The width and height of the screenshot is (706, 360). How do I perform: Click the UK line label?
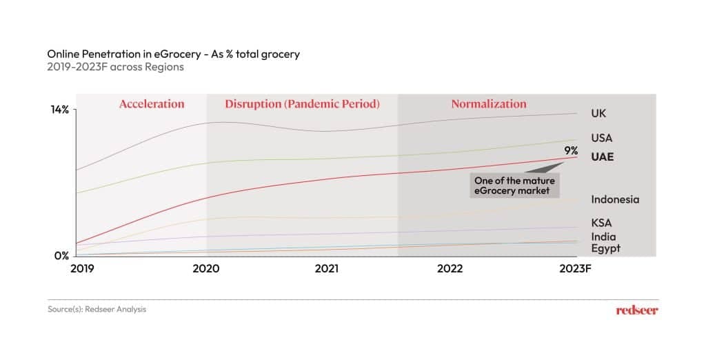598,113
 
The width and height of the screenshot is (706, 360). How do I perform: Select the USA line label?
601,138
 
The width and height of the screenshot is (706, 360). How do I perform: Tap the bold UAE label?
602,157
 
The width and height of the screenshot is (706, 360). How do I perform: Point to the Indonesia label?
615,199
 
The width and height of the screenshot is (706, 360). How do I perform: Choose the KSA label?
601,223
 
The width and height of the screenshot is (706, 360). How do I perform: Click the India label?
603,237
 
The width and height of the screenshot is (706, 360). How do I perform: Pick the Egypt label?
605,248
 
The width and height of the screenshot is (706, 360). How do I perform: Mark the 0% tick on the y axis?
62,256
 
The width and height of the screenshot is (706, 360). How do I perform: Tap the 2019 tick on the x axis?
83,269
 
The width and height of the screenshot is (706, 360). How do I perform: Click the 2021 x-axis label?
327,269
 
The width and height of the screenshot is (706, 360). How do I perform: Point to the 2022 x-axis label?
450,269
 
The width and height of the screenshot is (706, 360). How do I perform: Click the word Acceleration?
152,104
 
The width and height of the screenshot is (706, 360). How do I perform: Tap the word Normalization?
489,104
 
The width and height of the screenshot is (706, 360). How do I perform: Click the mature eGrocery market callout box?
514,185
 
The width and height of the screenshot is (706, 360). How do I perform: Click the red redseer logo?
637,310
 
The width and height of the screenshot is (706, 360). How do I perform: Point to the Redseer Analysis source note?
97,310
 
